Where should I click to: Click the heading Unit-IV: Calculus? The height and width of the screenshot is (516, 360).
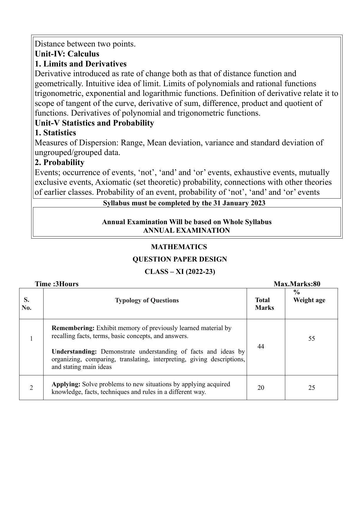pyautogui.click(x=67, y=54)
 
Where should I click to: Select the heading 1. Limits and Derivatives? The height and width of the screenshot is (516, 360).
pyautogui.click(x=81, y=64)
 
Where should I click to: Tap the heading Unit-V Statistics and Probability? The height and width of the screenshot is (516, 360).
pyautogui.click(x=94, y=123)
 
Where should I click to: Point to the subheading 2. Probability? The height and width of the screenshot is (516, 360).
pyautogui.click(x=59, y=162)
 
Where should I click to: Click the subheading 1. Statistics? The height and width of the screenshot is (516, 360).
pyautogui.click(x=55, y=133)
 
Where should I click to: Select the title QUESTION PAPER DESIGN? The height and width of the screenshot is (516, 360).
pyautogui.click(x=180, y=259)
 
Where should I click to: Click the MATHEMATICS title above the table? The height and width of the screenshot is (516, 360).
pyautogui.click(x=179, y=247)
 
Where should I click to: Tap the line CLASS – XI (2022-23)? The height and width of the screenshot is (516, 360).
pyautogui.click(x=180, y=272)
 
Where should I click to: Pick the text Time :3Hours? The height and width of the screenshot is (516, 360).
pyautogui.click(x=57, y=284)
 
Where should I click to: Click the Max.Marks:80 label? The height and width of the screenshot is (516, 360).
pyautogui.click(x=297, y=284)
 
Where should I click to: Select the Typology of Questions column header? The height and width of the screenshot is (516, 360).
pyautogui.click(x=147, y=300)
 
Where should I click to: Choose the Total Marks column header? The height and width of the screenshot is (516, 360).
pyautogui.click(x=264, y=304)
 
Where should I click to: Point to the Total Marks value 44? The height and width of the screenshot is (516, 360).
pyautogui.click(x=261, y=347)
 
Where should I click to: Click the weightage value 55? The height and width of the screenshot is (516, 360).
pyautogui.click(x=311, y=339)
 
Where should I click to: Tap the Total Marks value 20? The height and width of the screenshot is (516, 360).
pyautogui.click(x=261, y=388)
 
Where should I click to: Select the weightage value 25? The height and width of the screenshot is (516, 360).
pyautogui.click(x=312, y=388)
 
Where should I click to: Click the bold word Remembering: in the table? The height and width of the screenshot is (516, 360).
pyautogui.click(x=73, y=328)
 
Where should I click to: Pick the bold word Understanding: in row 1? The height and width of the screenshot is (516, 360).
pyautogui.click(x=74, y=352)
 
